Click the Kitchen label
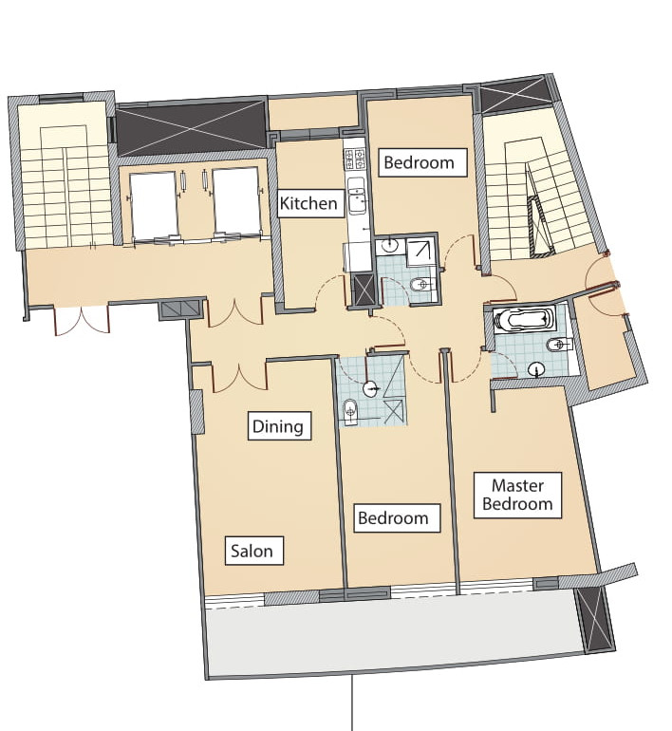click(308, 203)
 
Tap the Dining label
click(279, 425)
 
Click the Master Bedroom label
click(517, 496)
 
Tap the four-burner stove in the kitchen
click(355, 159)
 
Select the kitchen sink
click(356, 196)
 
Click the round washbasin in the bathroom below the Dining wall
click(371, 388)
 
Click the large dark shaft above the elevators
click(191, 129)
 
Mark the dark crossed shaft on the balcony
click(594, 619)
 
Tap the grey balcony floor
click(391, 634)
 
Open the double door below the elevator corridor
click(82, 320)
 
